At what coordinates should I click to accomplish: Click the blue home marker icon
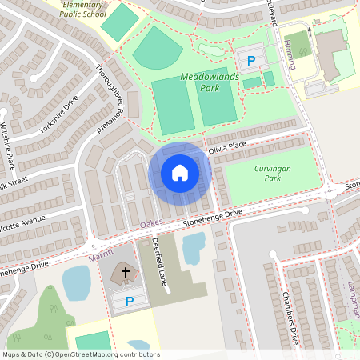[x=180, y=172]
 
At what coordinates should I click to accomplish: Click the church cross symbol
[x=125, y=274]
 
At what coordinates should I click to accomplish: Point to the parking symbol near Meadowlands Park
[x=250, y=61]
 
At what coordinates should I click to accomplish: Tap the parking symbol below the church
[x=130, y=301]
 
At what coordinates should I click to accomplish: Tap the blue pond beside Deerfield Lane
[x=194, y=249]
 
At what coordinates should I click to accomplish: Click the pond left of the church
[x=76, y=282]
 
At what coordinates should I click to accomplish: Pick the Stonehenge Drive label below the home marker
[x=212, y=217]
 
